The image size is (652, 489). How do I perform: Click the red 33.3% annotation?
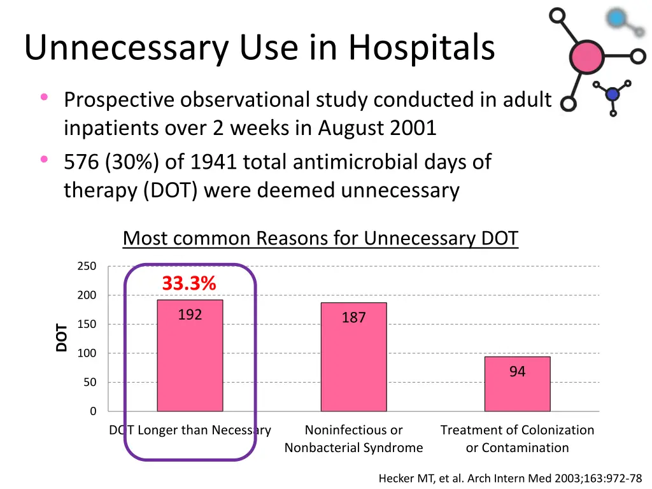[x=188, y=283]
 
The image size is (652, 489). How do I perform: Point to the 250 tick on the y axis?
[x=87, y=266]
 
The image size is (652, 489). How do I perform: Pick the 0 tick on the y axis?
[x=93, y=411]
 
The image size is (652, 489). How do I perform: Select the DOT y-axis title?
[x=62, y=337]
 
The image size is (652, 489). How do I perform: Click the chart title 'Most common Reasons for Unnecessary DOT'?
[x=320, y=238]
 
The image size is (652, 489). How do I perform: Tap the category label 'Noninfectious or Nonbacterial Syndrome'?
[x=353, y=439]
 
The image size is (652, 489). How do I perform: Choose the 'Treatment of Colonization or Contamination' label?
[x=517, y=439]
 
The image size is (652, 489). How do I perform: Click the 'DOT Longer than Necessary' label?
[x=190, y=430]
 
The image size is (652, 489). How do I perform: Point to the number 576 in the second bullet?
[x=81, y=162]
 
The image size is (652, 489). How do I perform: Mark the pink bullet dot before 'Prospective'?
[x=44, y=97]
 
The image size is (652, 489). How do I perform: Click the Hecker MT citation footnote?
[x=510, y=478]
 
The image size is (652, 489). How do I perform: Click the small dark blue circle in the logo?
[x=613, y=94]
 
